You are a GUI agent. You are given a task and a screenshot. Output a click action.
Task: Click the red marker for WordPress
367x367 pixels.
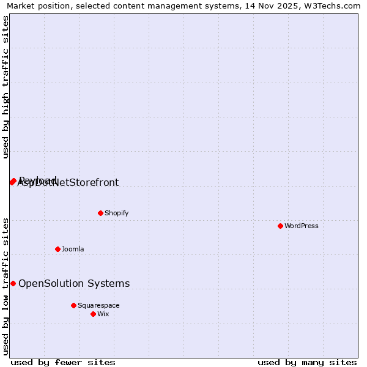[x=280, y=226]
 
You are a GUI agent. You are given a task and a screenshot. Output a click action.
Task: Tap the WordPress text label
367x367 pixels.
[x=302, y=226]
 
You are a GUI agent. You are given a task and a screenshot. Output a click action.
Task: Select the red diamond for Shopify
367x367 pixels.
[x=100, y=213]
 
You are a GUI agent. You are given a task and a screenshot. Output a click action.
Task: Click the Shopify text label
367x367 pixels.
[x=116, y=213]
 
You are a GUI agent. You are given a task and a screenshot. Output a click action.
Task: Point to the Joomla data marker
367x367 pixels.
[x=57, y=249]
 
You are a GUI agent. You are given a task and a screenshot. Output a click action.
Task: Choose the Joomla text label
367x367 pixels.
[x=73, y=249]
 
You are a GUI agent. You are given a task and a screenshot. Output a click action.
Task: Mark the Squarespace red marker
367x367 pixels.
[x=73, y=305]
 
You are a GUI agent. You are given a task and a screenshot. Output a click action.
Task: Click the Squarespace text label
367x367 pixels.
[x=98, y=305]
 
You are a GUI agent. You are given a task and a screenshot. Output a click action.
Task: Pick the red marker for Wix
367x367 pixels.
[x=93, y=314]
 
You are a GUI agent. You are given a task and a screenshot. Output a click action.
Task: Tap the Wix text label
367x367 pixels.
[x=103, y=314]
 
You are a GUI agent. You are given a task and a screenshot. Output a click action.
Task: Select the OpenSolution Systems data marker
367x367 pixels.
[x=13, y=283]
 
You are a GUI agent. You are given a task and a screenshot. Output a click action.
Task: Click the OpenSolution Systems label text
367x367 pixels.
[x=74, y=283]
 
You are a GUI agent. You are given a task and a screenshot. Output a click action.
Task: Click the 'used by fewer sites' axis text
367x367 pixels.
[x=63, y=362]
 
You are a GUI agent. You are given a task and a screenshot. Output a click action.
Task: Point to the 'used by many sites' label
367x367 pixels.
[x=307, y=362]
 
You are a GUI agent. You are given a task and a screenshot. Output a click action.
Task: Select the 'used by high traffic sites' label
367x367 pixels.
[x=6, y=87]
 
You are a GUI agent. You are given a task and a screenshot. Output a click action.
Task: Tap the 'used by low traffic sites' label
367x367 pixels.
[x=6, y=286]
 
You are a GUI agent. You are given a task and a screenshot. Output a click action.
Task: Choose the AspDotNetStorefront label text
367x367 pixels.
[x=69, y=183]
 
